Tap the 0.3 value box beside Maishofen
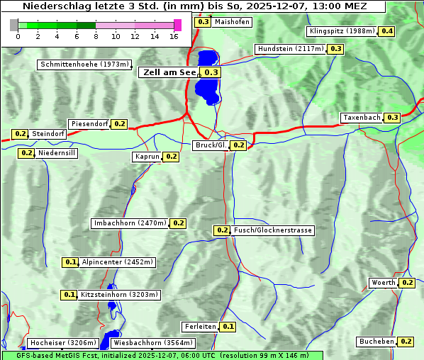(203, 22)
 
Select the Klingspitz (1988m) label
(342, 31)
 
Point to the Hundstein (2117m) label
(291, 49)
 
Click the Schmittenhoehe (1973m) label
(84, 64)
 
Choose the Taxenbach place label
(362, 117)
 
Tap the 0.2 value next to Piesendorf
(119, 124)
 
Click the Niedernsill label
(57, 152)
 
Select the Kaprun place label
(147, 157)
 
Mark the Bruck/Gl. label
(211, 145)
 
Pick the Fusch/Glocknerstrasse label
(272, 230)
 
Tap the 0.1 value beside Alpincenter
(70, 262)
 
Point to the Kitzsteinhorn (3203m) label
(119, 295)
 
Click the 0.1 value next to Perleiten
(228, 327)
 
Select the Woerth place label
(384, 283)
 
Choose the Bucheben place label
(376, 341)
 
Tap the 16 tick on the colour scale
(174, 35)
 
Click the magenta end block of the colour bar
(177, 25)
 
